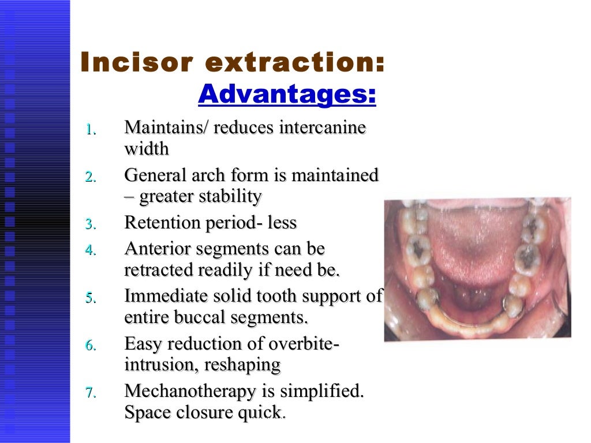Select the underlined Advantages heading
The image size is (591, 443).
tap(287, 95)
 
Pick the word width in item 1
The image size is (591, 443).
tap(147, 149)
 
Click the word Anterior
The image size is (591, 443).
tap(156, 249)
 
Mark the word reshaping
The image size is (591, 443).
tap(246, 365)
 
